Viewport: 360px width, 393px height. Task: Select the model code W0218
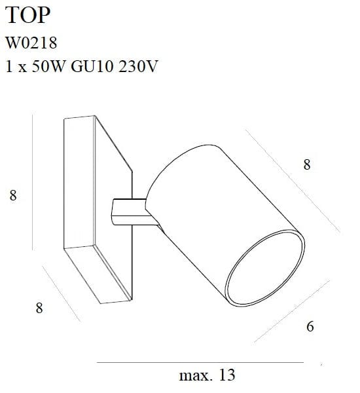coord(31,43)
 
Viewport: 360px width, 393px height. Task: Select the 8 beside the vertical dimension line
coord(12,195)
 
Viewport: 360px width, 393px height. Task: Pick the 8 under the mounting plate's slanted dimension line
coord(39,308)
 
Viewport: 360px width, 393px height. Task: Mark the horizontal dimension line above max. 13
coord(200,362)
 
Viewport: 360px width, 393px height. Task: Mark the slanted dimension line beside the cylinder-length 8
coord(295,180)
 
